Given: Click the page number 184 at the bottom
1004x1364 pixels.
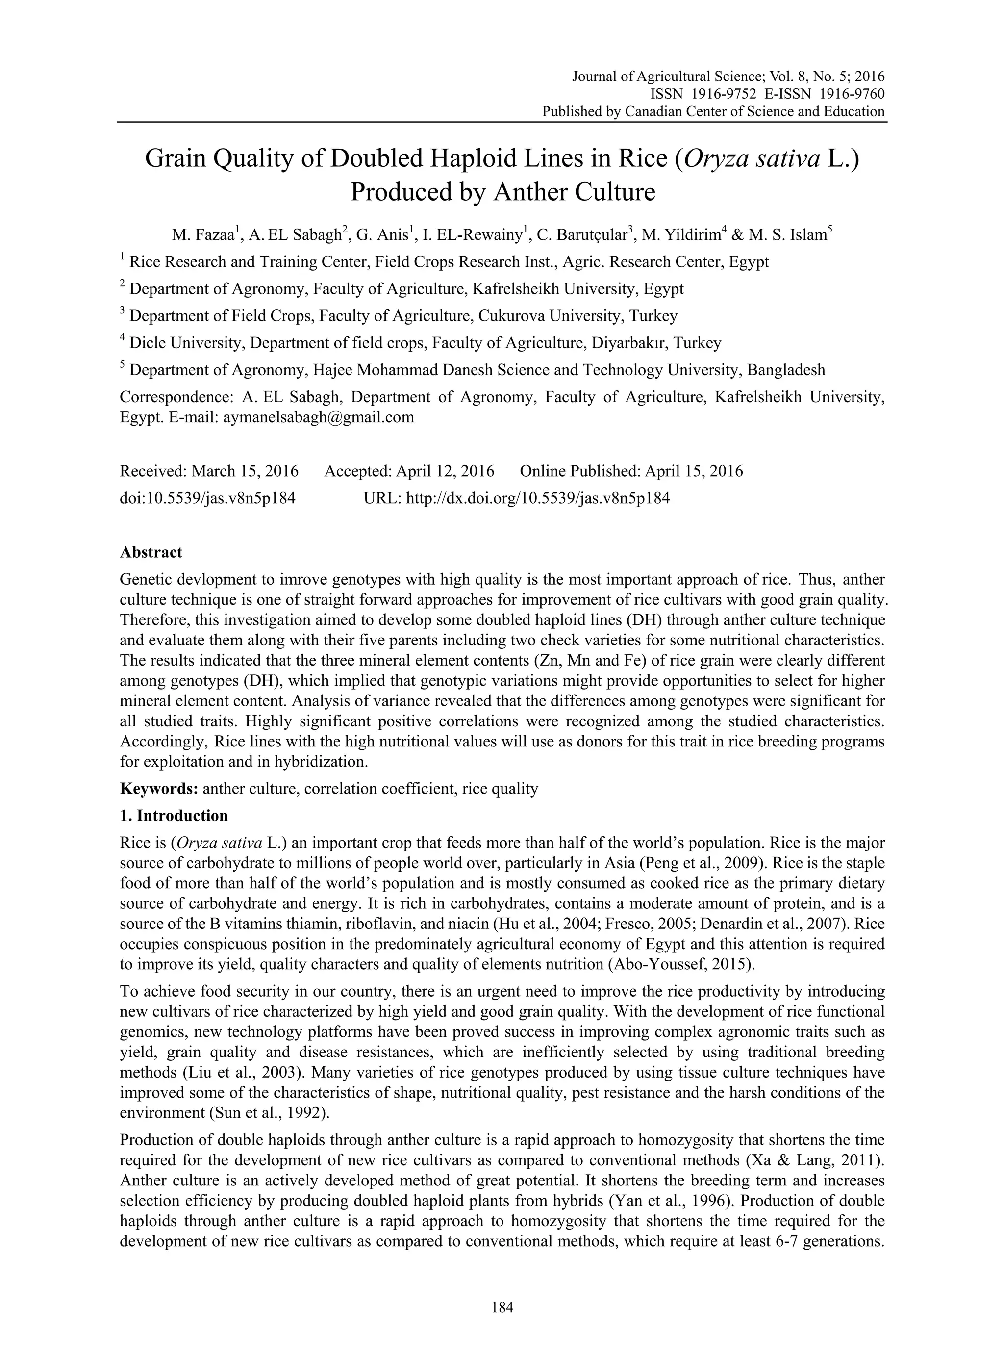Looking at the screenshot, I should (502, 1307).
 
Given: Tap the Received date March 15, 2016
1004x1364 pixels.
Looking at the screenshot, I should (245, 471).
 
